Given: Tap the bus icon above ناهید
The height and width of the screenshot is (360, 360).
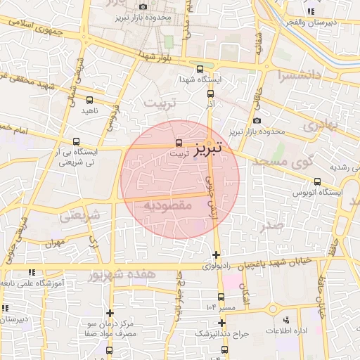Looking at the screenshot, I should [x=89, y=101].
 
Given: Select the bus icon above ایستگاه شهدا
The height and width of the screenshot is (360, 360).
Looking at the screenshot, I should [x=200, y=69].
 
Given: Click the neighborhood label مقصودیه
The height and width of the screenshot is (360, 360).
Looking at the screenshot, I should [x=167, y=205].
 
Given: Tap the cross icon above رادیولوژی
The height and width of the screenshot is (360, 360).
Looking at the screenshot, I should [x=216, y=255].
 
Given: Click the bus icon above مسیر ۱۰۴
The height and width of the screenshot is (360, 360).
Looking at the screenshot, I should [x=221, y=297].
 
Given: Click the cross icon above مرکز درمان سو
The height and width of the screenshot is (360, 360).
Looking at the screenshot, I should [x=110, y=313].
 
